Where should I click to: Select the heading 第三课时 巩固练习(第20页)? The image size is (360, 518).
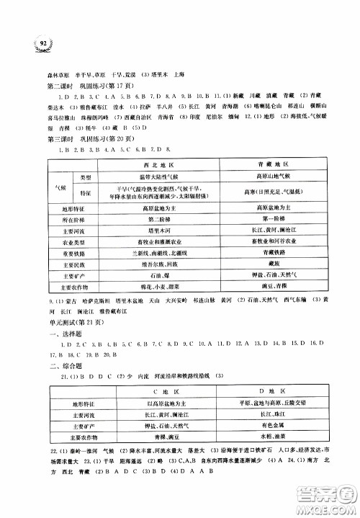click(x=82, y=137)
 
